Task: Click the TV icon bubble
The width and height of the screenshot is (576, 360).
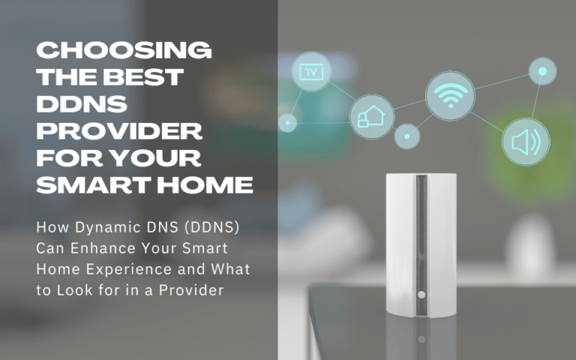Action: click(x=310, y=72)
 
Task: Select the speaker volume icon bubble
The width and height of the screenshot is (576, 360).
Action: click(x=525, y=141)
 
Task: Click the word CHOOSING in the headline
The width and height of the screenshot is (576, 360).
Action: click(x=124, y=51)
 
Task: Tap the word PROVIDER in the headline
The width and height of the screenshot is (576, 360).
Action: click(x=120, y=132)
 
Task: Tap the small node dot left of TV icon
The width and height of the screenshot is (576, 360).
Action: click(x=287, y=121)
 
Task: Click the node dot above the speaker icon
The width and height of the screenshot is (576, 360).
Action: click(x=541, y=72)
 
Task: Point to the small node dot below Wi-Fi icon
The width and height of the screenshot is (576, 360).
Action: click(x=407, y=136)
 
